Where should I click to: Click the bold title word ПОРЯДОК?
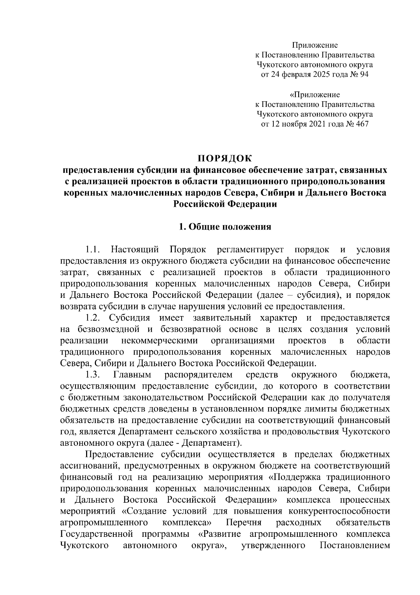click(225, 159)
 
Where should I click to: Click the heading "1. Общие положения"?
click(225, 227)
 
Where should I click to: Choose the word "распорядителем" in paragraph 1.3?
click(198, 375)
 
